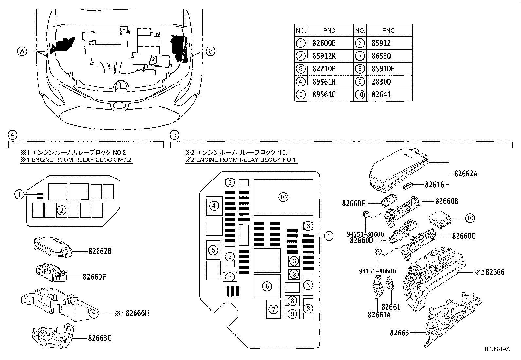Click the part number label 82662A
click(466, 174)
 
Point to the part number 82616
click(435, 185)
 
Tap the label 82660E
click(353, 203)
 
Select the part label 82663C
click(99, 338)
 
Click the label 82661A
click(379, 315)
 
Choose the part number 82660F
click(95, 277)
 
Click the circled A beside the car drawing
click(22, 51)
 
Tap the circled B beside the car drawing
click(210, 51)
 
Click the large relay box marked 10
click(283, 197)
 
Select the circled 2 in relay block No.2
click(62, 211)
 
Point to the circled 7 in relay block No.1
click(273, 309)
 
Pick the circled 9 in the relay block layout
click(292, 314)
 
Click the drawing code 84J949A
click(497, 349)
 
